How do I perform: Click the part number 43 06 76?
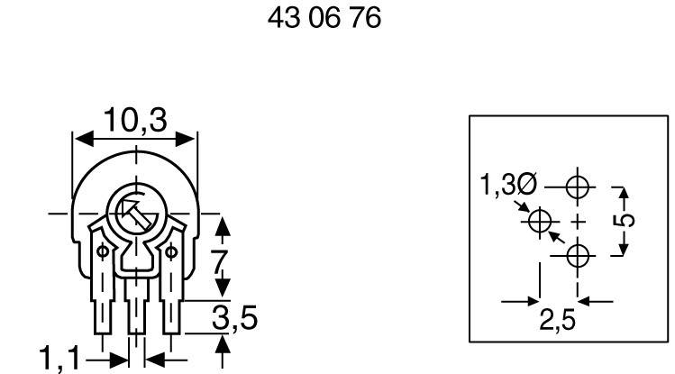pyautogui.click(x=324, y=18)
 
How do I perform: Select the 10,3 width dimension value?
pyautogui.click(x=134, y=119)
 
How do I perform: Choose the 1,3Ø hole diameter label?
pyautogui.click(x=506, y=187)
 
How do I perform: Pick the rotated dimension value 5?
pyautogui.click(x=628, y=220)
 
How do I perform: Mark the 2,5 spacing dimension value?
pyautogui.click(x=559, y=320)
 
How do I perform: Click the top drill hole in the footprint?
pyautogui.click(x=578, y=187)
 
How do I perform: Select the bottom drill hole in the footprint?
pyautogui.click(x=578, y=256)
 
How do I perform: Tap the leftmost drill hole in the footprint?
pyautogui.click(x=541, y=221)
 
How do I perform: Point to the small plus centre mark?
pyautogui.click(x=578, y=222)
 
